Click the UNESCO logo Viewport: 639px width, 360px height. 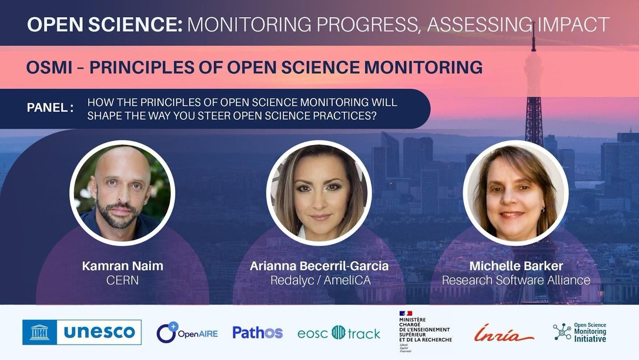pyautogui.click(x=82, y=332)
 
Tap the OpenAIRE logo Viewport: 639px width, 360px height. pyautogui.click(x=187, y=333)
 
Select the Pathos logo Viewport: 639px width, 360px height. pyautogui.click(x=257, y=333)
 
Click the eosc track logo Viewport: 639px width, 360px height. pyautogui.click(x=339, y=333)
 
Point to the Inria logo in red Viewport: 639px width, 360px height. pyautogui.click(x=504, y=333)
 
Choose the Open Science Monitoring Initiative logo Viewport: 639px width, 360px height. pyautogui.click(x=579, y=332)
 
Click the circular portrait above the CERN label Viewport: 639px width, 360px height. pyautogui.click(x=122, y=193)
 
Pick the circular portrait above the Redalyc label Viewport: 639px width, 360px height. pyautogui.click(x=318, y=193)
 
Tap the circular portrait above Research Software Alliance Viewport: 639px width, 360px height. pyautogui.click(x=515, y=193)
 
